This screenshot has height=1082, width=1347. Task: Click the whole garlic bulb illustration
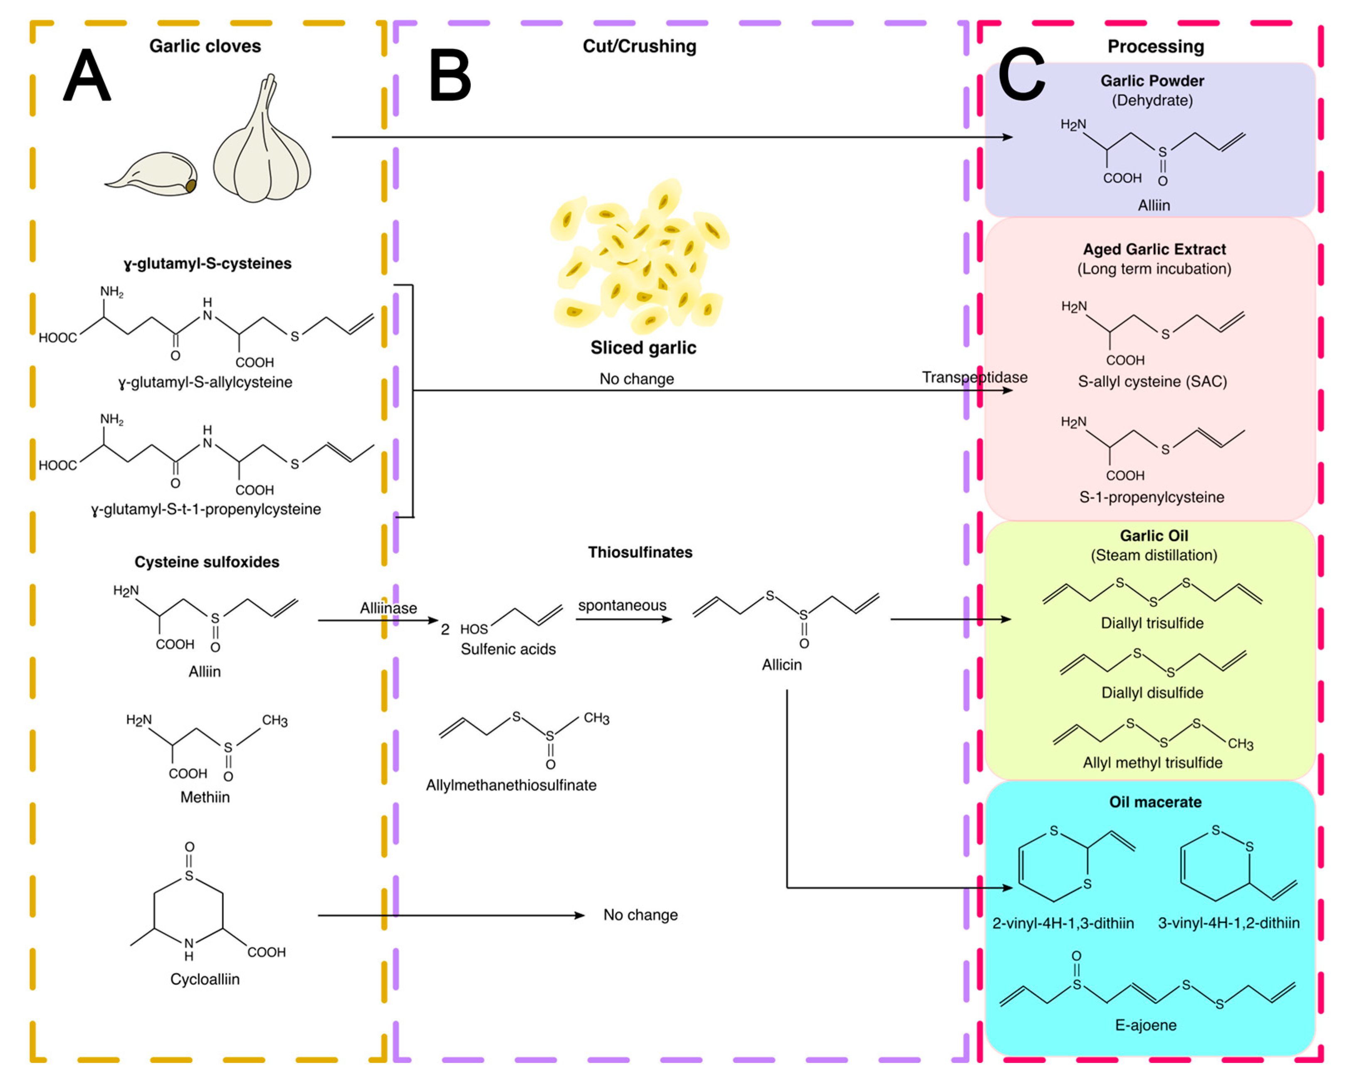(x=262, y=147)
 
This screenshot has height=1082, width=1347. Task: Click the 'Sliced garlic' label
(x=643, y=348)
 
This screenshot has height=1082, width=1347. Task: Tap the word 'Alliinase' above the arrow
(x=388, y=608)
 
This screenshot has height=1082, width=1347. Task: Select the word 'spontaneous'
(x=622, y=605)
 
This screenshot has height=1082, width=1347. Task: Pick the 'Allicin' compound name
(x=781, y=665)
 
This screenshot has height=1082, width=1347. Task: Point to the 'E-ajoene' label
(x=1145, y=1025)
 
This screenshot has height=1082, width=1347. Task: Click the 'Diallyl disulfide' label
(x=1152, y=693)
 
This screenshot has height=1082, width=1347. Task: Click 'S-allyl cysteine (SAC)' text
(x=1152, y=382)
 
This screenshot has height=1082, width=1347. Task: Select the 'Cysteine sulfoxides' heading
(x=207, y=562)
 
